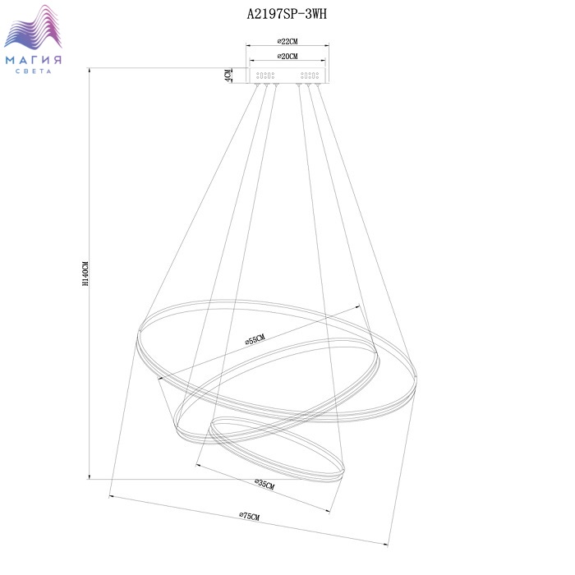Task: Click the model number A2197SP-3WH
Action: coord(287,14)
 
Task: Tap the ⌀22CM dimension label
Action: coord(287,41)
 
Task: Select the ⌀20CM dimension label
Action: coord(287,56)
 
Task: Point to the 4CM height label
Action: coord(228,76)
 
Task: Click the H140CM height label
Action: coord(85,274)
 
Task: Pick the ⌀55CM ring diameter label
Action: coord(255,339)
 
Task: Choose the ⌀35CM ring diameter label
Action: coord(264,484)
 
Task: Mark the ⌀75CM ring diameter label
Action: coord(250,516)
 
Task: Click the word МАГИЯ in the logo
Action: coord(34,60)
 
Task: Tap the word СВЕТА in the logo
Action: coord(34,71)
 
